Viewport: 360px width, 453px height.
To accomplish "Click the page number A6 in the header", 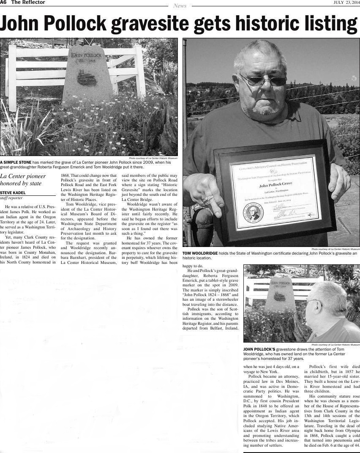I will click(3, 3).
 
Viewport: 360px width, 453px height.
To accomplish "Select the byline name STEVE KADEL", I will click(13, 193).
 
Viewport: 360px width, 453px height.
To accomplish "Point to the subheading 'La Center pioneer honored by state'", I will click(23, 180).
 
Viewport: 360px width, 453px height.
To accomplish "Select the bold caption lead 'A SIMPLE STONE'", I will click(15, 162).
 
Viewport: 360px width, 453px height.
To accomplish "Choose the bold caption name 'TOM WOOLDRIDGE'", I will click(200, 253).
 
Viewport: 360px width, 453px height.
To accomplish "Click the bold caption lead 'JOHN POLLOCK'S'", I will click(259, 349).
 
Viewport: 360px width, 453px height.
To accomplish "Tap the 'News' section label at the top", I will click(180, 6).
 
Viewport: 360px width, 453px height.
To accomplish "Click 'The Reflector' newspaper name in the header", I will click(28, 3).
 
